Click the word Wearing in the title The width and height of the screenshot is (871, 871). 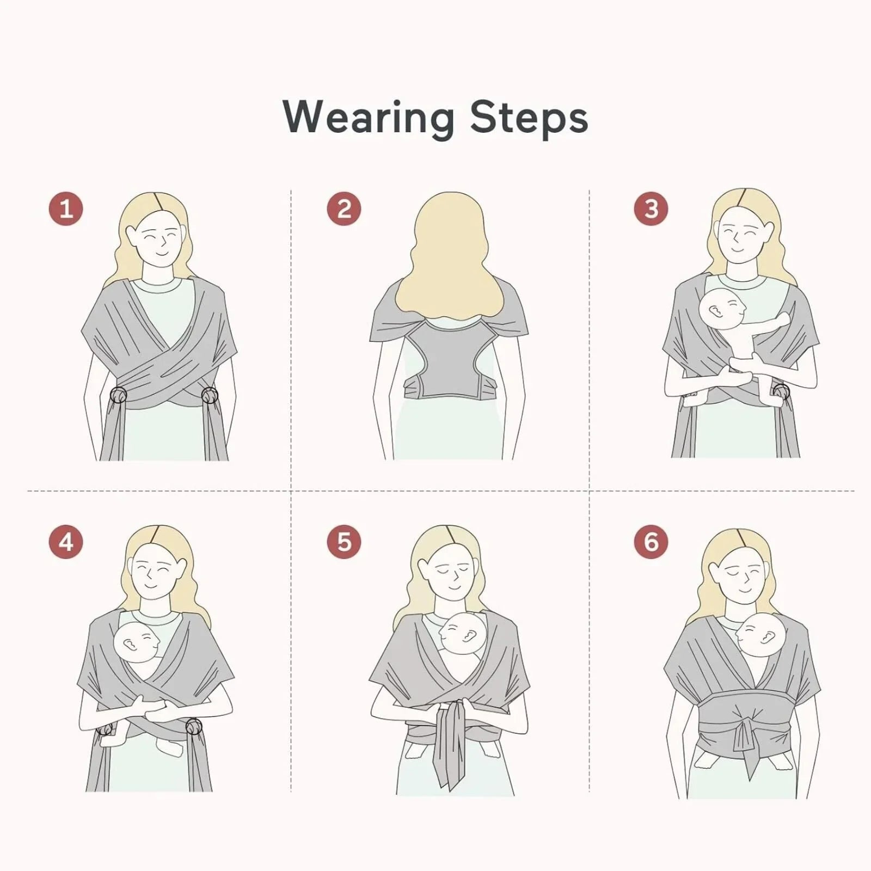[x=368, y=118]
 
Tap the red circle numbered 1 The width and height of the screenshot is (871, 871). [x=66, y=208]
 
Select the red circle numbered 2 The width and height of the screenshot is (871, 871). [x=344, y=208]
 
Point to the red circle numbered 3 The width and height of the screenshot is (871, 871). [x=651, y=208]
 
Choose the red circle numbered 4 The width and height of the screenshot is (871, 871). [x=66, y=542]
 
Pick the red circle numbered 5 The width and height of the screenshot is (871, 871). [x=344, y=542]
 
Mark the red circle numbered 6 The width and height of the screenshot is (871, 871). [x=651, y=542]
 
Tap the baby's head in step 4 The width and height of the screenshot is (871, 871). [x=137, y=642]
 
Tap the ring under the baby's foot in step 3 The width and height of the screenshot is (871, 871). [x=781, y=391]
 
